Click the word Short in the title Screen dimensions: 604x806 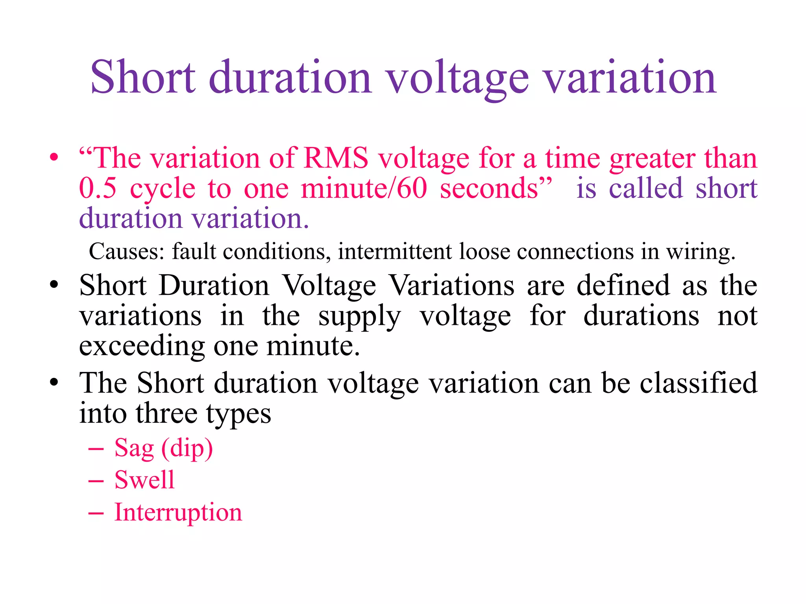pos(142,77)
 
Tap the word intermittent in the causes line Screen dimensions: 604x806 pos(395,252)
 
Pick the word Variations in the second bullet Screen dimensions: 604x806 pos(451,285)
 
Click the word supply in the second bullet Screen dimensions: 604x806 pos(359,317)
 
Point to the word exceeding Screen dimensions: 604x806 pos(142,347)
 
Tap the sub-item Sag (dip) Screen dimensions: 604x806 pos(163,449)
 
